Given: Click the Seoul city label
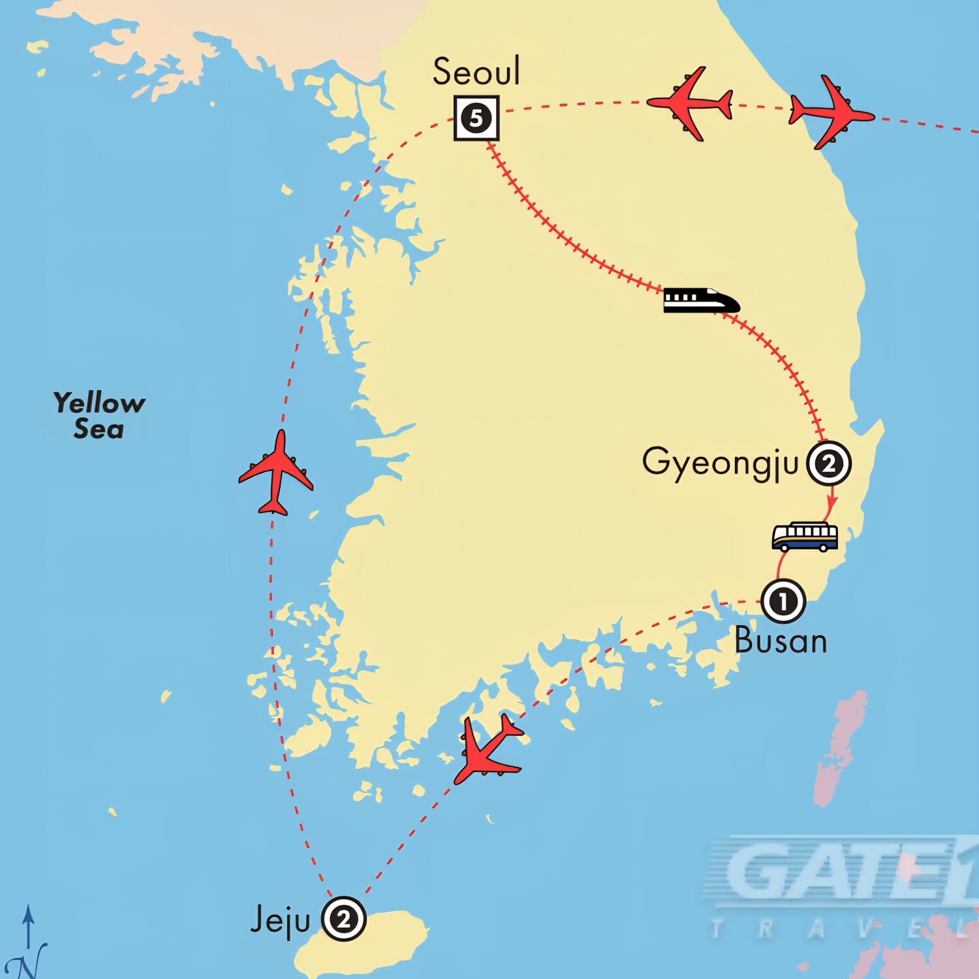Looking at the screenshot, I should (x=476, y=72).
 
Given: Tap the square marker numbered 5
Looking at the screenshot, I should (x=476, y=119).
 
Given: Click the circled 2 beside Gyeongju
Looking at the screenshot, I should (x=829, y=464).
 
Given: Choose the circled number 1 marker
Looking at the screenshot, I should (x=783, y=601).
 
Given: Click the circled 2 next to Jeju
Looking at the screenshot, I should (x=344, y=920).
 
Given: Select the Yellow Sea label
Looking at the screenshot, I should (x=99, y=416).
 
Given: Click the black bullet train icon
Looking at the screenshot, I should (x=702, y=301).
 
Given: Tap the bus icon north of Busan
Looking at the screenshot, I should (x=805, y=537).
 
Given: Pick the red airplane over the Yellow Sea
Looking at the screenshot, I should (x=276, y=473).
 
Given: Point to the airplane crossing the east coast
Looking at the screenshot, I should (x=830, y=112).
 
